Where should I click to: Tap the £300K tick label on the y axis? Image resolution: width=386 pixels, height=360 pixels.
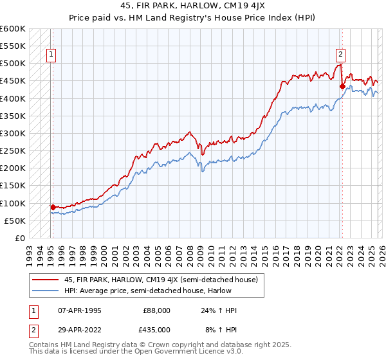pos(13,133)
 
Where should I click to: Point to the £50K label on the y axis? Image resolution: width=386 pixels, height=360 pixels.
pos(15,221)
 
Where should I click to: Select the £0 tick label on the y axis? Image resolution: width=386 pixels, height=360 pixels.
pos(21,238)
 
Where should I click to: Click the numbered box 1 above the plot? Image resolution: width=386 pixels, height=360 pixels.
pos(51,55)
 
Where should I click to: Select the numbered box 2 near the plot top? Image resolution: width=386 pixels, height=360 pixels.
pos(340,55)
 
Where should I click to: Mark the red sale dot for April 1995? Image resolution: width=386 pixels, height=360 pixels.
pos(53,207)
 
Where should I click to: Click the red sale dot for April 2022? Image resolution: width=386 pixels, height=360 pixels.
pos(342,86)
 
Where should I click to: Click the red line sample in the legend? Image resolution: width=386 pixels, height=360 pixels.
pos(46,280)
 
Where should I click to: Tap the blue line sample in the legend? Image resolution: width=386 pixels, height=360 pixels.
pos(46,291)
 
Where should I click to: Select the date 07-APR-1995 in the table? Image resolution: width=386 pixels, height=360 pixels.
pos(80,310)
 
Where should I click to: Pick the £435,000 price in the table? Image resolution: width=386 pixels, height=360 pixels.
pos(158,329)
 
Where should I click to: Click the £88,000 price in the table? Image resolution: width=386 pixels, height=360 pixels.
pos(158,310)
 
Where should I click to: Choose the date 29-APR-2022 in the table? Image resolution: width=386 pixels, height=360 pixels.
pos(80,329)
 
